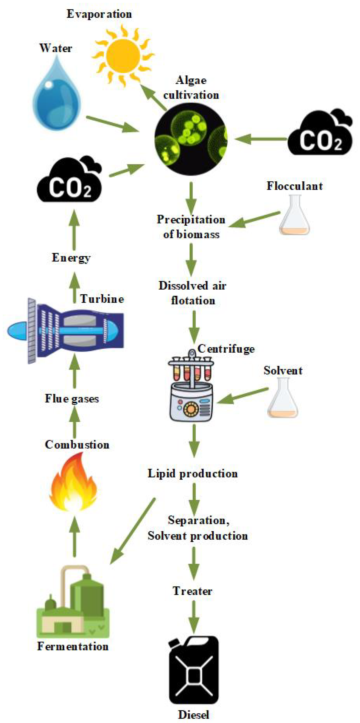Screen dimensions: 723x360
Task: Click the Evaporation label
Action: [x=99, y=14]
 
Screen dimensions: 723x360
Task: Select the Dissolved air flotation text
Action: [x=192, y=293]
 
